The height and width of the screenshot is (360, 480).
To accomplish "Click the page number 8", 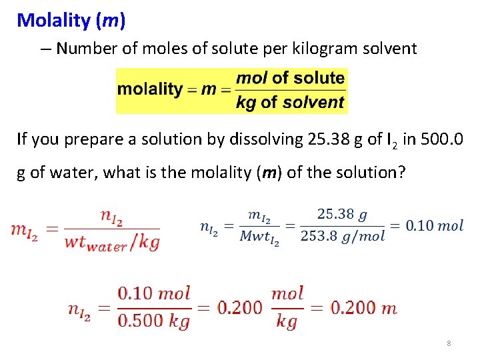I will pyautogui.click(x=449, y=343).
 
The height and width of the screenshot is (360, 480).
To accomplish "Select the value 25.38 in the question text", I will pyautogui.click(x=327, y=139).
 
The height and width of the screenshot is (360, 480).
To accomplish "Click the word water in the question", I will pyautogui.click(x=71, y=173).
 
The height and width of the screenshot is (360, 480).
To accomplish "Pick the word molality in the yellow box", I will pyautogui.click(x=150, y=89).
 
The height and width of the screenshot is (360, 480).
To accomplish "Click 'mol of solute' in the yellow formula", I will pyautogui.click(x=291, y=78).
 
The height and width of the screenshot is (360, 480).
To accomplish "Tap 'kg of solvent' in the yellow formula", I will pyautogui.click(x=291, y=102).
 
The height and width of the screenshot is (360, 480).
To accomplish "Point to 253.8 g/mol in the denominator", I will pyautogui.click(x=343, y=237).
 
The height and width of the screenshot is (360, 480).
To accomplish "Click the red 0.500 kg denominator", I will pyautogui.click(x=154, y=321).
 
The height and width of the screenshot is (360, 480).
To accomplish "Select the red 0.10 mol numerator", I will pyautogui.click(x=154, y=293).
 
